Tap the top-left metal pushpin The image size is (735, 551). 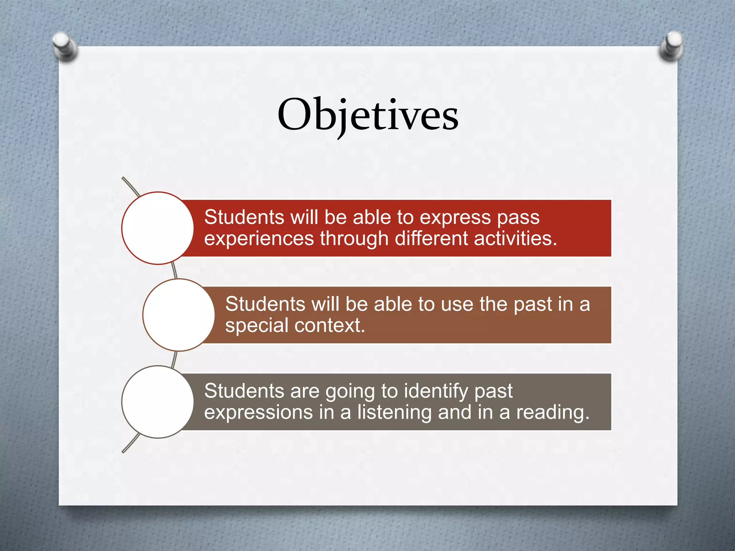pyautogui.click(x=65, y=46)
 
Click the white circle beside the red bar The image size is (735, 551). pyautogui.click(x=158, y=228)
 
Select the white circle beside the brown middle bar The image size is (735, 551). pyautogui.click(x=179, y=315)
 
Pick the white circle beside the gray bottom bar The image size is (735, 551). pyautogui.click(x=158, y=402)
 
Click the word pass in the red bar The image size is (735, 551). pyautogui.click(x=518, y=218)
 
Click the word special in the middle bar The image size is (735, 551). pyautogui.click(x=257, y=326)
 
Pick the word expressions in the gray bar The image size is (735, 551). pyautogui.click(x=258, y=413)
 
